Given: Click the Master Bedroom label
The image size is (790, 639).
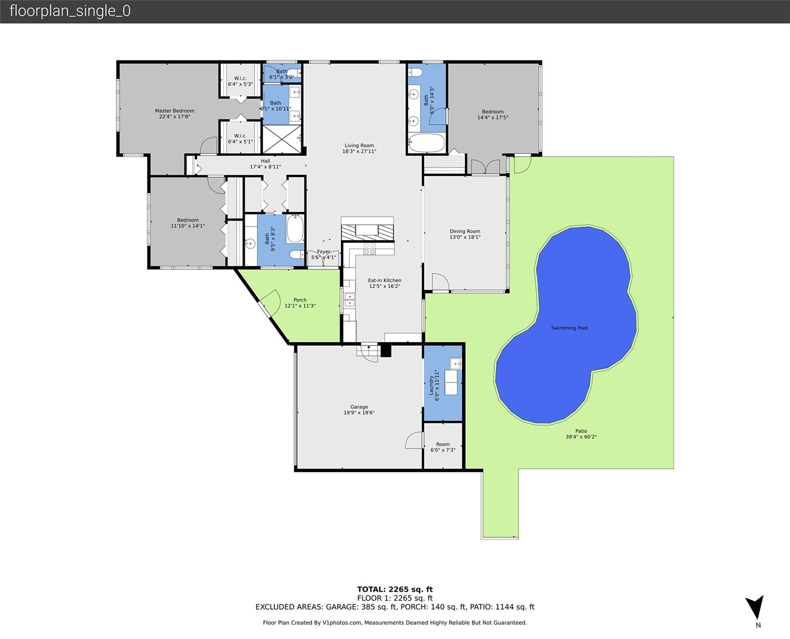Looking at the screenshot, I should pos(175,111).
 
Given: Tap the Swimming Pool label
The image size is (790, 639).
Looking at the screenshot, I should pos(569,328).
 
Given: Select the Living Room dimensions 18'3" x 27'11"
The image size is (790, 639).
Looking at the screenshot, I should pos(359,151).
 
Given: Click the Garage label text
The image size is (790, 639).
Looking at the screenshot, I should pos(359,407).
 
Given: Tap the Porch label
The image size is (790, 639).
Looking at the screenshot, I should pos(300,300).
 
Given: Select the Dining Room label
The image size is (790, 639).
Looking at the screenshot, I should pos(465,231).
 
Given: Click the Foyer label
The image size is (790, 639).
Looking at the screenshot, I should pos(323,252).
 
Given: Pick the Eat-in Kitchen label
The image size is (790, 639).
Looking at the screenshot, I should pos(385,280).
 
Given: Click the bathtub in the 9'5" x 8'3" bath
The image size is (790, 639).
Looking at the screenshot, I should pos(295,228).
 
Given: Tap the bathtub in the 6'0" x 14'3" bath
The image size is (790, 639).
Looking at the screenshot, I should pos(427,143).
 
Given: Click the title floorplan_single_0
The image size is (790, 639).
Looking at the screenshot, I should pos(70,11).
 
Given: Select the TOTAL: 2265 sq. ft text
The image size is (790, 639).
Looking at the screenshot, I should pos(395,589).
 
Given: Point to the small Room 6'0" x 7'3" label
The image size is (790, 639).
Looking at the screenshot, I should pos(443,444).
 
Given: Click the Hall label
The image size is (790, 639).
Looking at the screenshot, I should pos(265,161).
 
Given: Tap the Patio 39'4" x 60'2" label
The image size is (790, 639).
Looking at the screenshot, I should pos(581,431).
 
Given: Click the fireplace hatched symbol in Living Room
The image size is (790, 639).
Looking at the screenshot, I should pos(367,232).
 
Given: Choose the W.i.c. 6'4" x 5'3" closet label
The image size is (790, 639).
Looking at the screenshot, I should pos(240,79).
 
